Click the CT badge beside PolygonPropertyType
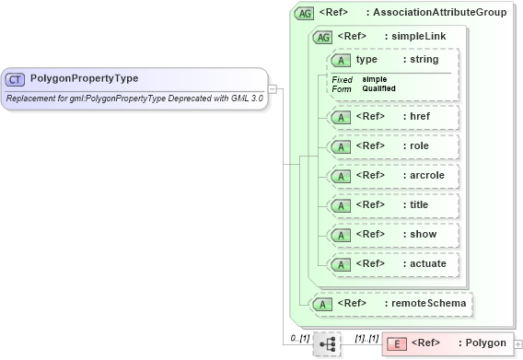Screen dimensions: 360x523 coord(16,80)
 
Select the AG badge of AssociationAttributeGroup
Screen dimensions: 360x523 coord(303,14)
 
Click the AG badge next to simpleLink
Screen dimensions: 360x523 coord(322,37)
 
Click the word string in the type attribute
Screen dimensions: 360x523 coord(424,59)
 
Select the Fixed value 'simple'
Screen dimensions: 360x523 coord(375,79)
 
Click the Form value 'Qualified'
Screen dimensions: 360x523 coord(378,88)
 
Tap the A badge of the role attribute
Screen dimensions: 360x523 coord(341,145)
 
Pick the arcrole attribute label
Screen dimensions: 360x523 coord(425,175)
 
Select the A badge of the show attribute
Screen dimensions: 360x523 coord(341,234)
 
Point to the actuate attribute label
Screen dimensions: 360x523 coord(426,263)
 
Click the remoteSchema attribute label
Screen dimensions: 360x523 coord(431,302)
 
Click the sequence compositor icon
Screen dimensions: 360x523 coord(326,343)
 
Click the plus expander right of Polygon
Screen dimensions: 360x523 coord(517,344)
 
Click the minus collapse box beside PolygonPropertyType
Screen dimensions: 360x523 coord(273,89)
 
